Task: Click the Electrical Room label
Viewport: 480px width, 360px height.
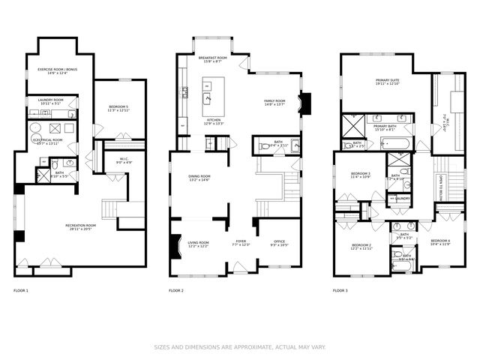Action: (x=47, y=139)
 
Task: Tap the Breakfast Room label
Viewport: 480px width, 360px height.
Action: (x=213, y=58)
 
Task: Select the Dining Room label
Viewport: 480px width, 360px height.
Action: (x=199, y=176)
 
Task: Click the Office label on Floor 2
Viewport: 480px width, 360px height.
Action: (x=278, y=242)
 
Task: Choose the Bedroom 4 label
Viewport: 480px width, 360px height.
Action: (x=440, y=241)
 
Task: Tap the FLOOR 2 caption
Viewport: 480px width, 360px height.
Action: (x=176, y=290)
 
